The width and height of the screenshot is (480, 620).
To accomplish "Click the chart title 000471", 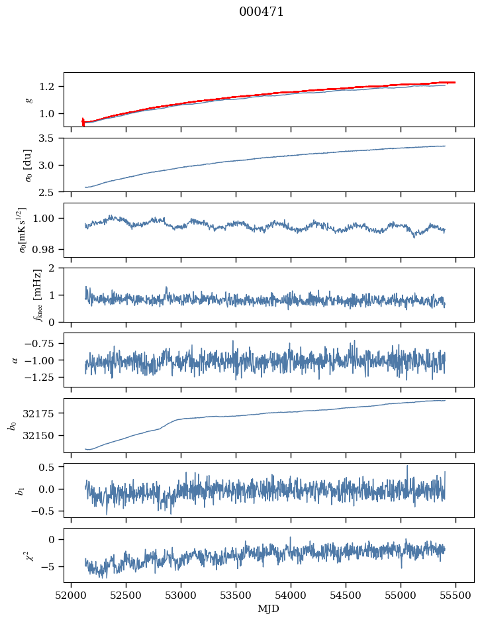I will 262,12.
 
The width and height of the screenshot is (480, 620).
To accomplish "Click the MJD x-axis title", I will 269,609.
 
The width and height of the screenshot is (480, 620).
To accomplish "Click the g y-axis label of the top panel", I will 28,99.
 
